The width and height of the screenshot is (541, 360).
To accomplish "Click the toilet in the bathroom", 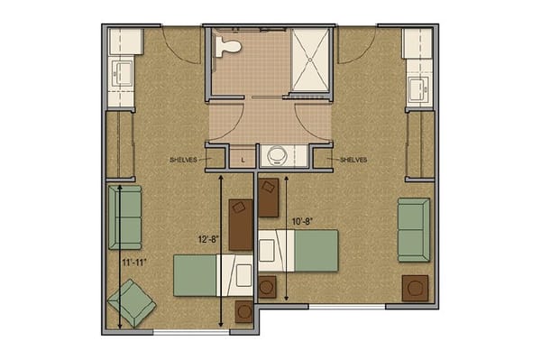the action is click(x=227, y=46).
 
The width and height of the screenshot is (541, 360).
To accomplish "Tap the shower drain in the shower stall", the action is click(x=310, y=60).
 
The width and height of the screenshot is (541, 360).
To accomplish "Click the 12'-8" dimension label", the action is click(x=209, y=239).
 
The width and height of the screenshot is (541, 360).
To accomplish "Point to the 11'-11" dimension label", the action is click(x=134, y=263).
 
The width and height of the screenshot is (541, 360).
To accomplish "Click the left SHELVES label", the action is click(x=183, y=160).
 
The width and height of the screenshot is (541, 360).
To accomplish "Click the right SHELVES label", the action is click(x=353, y=160).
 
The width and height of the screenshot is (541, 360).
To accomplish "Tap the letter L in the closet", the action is click(x=243, y=161).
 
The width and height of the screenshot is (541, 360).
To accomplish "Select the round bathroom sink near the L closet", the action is click(x=277, y=156).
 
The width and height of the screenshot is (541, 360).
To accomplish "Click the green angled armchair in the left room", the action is click(x=132, y=302).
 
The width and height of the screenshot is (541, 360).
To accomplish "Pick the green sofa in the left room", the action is click(x=125, y=217).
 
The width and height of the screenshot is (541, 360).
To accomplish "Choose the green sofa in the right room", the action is click(x=414, y=230).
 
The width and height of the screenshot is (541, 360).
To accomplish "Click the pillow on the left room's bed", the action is click(x=244, y=275).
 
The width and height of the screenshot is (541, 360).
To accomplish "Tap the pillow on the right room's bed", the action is click(x=267, y=251).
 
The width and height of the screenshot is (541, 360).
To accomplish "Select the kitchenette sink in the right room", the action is click(x=418, y=89).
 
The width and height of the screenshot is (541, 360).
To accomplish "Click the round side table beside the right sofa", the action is click(x=415, y=288).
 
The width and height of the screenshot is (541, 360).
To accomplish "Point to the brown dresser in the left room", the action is click(x=241, y=225).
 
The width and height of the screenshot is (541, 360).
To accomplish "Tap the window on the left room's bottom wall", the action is click(x=191, y=332).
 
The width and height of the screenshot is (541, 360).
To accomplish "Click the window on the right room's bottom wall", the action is click(x=347, y=307).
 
